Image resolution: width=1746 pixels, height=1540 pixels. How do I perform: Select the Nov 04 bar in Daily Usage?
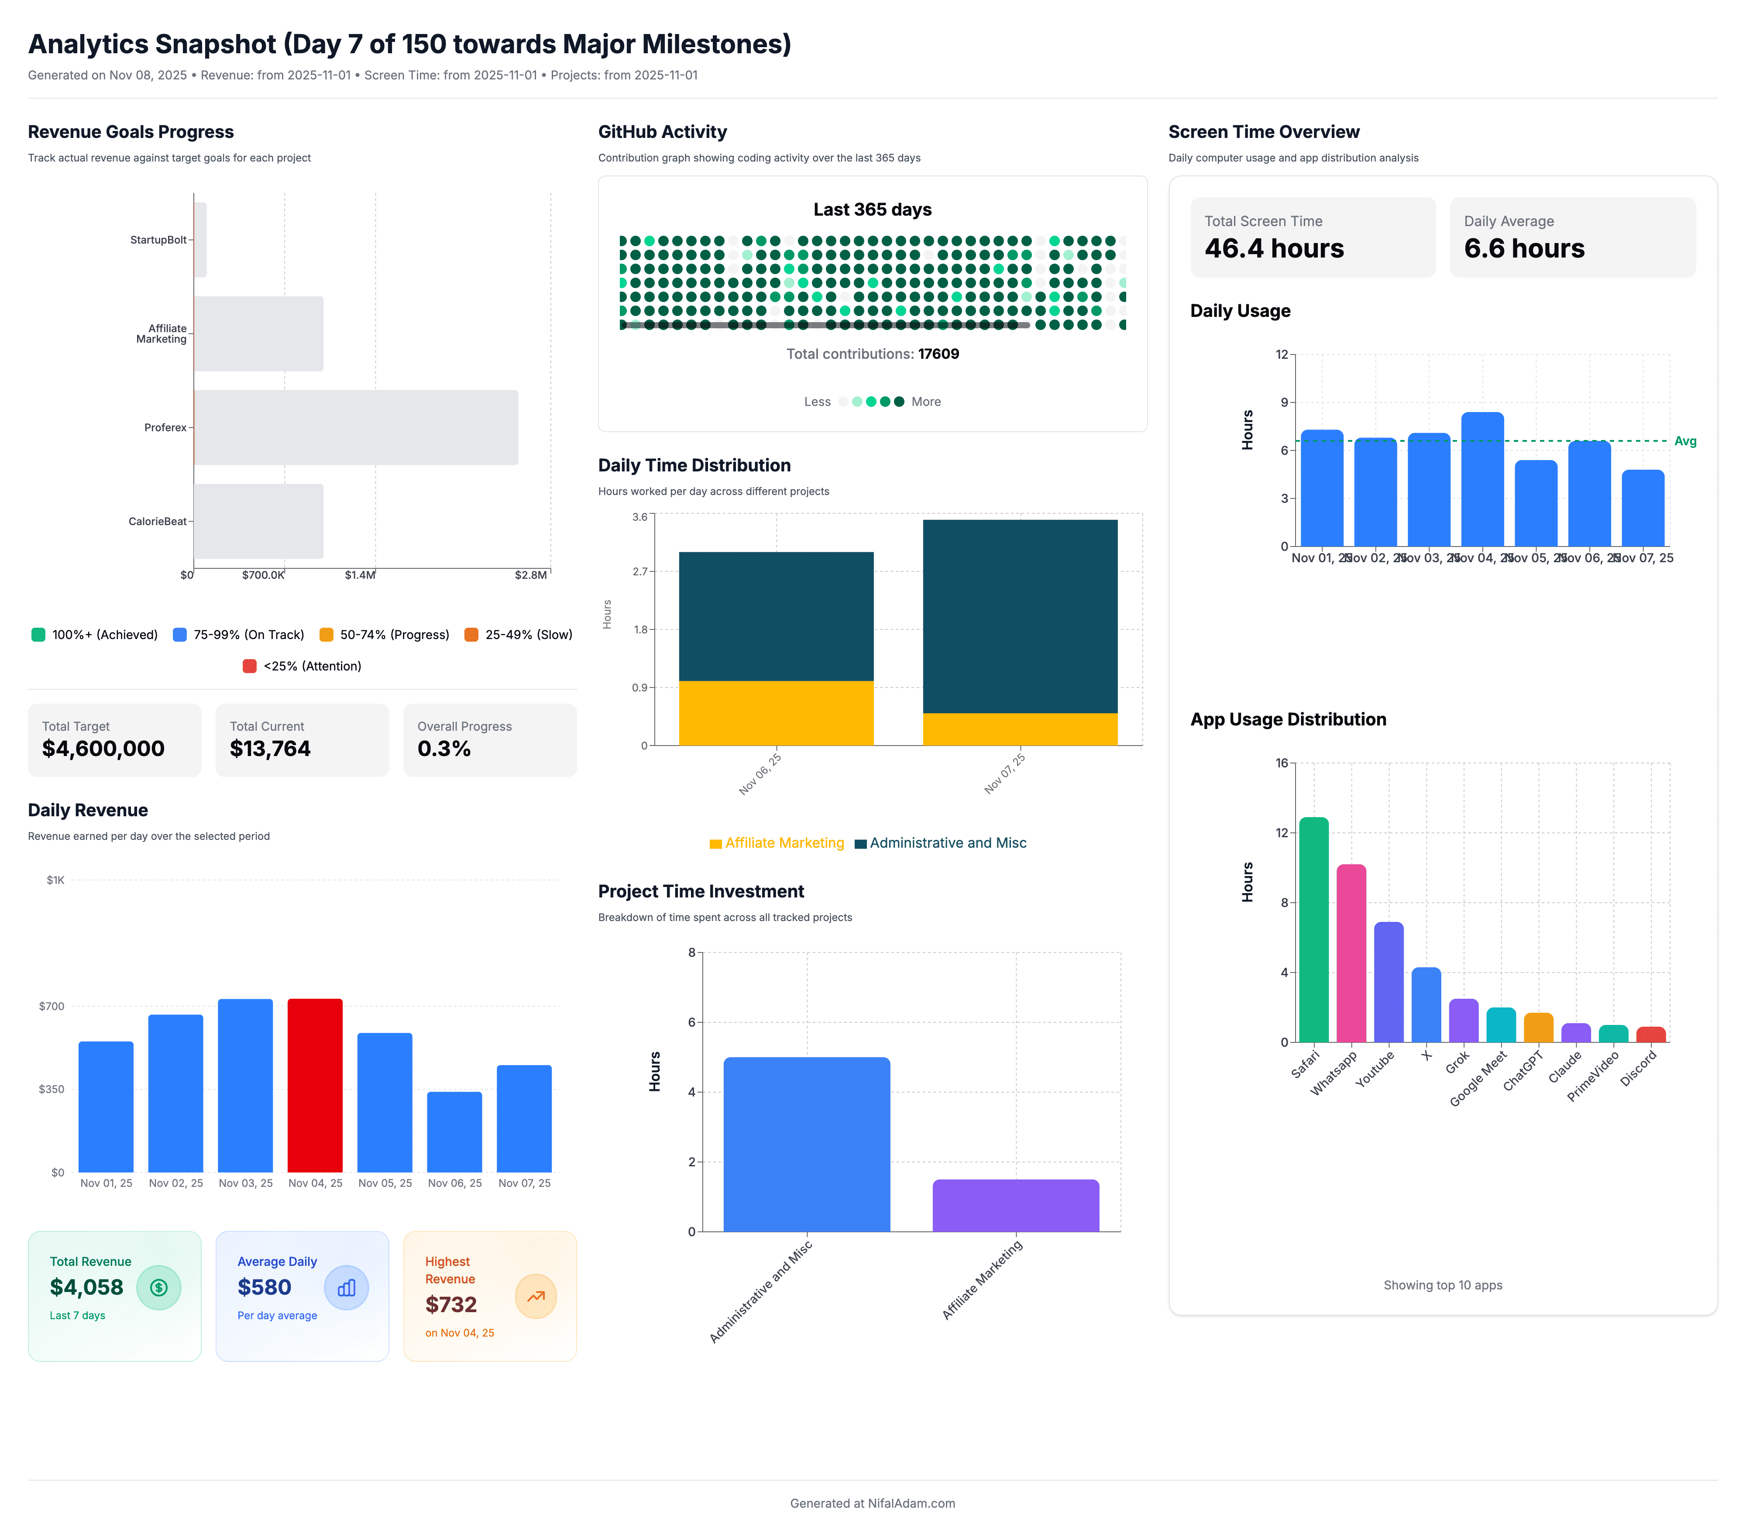pyautogui.click(x=1482, y=479)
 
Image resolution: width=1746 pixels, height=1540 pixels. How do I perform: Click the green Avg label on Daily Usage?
pyautogui.click(x=1684, y=442)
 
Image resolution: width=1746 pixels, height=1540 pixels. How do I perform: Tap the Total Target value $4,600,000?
pyautogui.click(x=103, y=749)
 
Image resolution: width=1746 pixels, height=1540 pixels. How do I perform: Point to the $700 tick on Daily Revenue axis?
pyautogui.click(x=51, y=1006)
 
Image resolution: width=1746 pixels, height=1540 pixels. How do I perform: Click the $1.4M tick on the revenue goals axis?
pyautogui.click(x=360, y=575)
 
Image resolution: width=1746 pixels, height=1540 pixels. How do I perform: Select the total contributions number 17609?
pyautogui.click(x=938, y=354)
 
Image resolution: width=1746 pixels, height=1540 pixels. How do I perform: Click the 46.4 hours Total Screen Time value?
pyautogui.click(x=1274, y=248)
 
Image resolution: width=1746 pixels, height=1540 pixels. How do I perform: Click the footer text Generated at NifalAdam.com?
pyautogui.click(x=872, y=1503)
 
